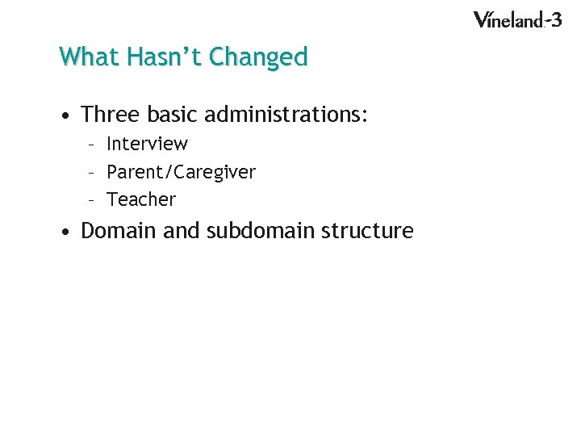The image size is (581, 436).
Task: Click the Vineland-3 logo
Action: click(x=516, y=19)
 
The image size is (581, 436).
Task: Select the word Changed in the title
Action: click(x=258, y=57)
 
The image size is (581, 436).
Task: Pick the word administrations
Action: click(x=286, y=115)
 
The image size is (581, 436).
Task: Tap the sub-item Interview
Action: click(x=147, y=144)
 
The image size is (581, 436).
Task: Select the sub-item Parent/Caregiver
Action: click(x=181, y=172)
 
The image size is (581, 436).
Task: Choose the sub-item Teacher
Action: click(x=140, y=199)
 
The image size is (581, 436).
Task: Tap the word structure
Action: click(x=367, y=231)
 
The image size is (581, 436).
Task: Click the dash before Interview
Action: click(x=93, y=145)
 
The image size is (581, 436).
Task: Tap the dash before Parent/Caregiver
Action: click(x=93, y=173)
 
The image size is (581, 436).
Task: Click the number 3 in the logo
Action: click(x=555, y=19)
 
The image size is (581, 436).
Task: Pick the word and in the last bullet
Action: click(x=182, y=231)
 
